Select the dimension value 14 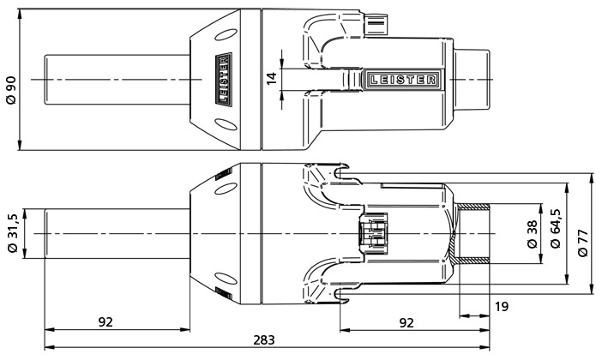tap(272, 79)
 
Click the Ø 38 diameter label tap(533, 232)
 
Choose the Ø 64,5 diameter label tap(556, 232)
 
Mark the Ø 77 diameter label tap(585, 232)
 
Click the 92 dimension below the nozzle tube tap(105, 322)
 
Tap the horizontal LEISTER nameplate tap(402, 80)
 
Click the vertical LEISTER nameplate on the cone tap(223, 79)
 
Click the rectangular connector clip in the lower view tap(374, 233)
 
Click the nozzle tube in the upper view tap(116, 79)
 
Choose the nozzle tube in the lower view tap(116, 232)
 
